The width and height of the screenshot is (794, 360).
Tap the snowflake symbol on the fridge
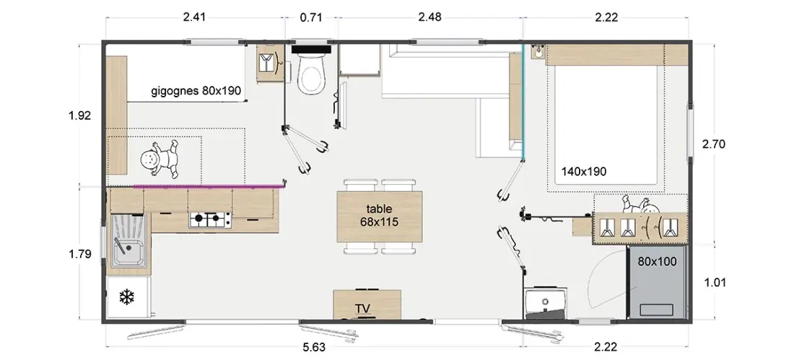[x=126, y=297]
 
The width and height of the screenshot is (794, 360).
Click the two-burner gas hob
[x=211, y=220]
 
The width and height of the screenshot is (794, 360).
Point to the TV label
[x=362, y=309]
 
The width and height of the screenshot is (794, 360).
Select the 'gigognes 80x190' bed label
[x=196, y=91]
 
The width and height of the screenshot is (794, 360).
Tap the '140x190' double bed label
[x=584, y=172]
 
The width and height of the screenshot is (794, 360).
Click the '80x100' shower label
[x=658, y=261]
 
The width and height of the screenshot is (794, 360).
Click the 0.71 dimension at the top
[x=311, y=17]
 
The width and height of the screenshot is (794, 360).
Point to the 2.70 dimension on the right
[x=713, y=144]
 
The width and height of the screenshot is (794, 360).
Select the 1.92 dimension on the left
[x=79, y=115]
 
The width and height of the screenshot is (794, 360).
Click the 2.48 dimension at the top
[x=429, y=17]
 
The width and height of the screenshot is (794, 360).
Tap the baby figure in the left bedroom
[x=160, y=159]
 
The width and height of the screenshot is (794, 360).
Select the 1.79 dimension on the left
[x=79, y=254]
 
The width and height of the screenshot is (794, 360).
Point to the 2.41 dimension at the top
[x=194, y=17]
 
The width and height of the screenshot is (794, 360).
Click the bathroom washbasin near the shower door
[x=546, y=302]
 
